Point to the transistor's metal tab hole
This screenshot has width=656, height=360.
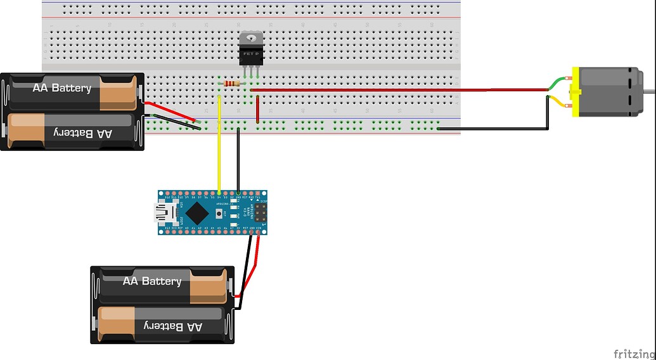(250, 37)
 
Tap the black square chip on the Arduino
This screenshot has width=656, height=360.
(198, 212)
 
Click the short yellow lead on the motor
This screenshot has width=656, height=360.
(559, 101)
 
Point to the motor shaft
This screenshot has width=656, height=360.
(649, 93)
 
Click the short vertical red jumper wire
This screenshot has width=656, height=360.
(257, 109)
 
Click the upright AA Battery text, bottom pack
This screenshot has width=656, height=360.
(152, 281)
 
